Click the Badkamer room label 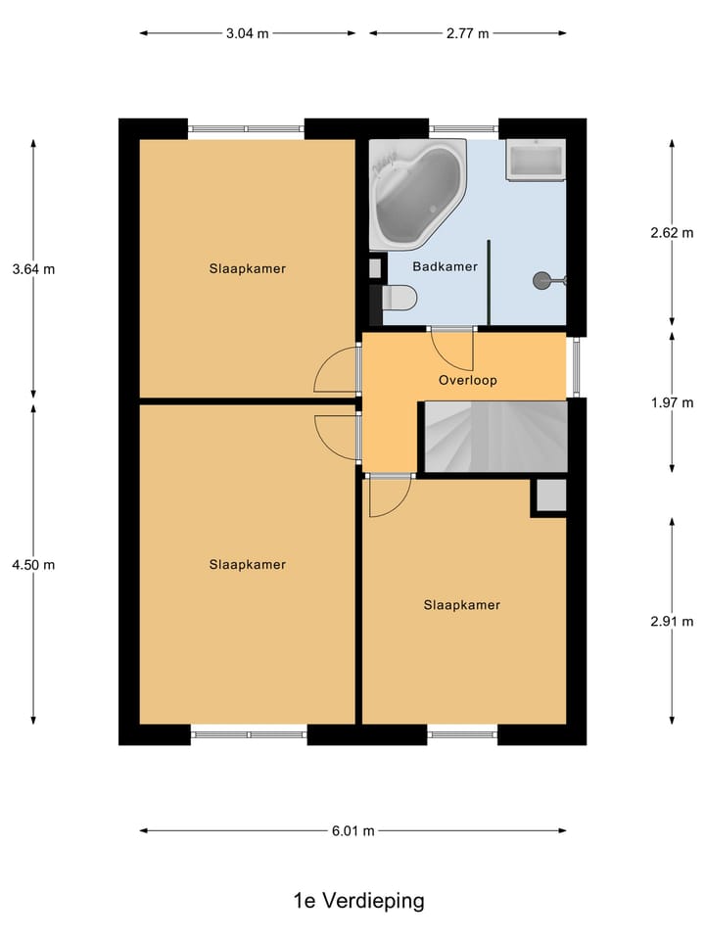[x=445, y=266]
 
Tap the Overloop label [x=468, y=380]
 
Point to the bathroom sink [x=535, y=160]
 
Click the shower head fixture [x=544, y=281]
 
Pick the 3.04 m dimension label [x=247, y=33]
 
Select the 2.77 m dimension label [x=467, y=33]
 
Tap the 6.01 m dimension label [x=352, y=830]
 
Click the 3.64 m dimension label [x=33, y=269]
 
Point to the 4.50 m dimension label [x=33, y=564]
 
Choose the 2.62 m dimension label [x=672, y=233]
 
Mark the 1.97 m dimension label [x=672, y=402]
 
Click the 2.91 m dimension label [x=672, y=621]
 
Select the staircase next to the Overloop [x=494, y=436]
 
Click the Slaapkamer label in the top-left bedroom [x=247, y=268]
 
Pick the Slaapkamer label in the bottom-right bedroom [x=461, y=605]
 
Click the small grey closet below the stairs [x=549, y=496]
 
